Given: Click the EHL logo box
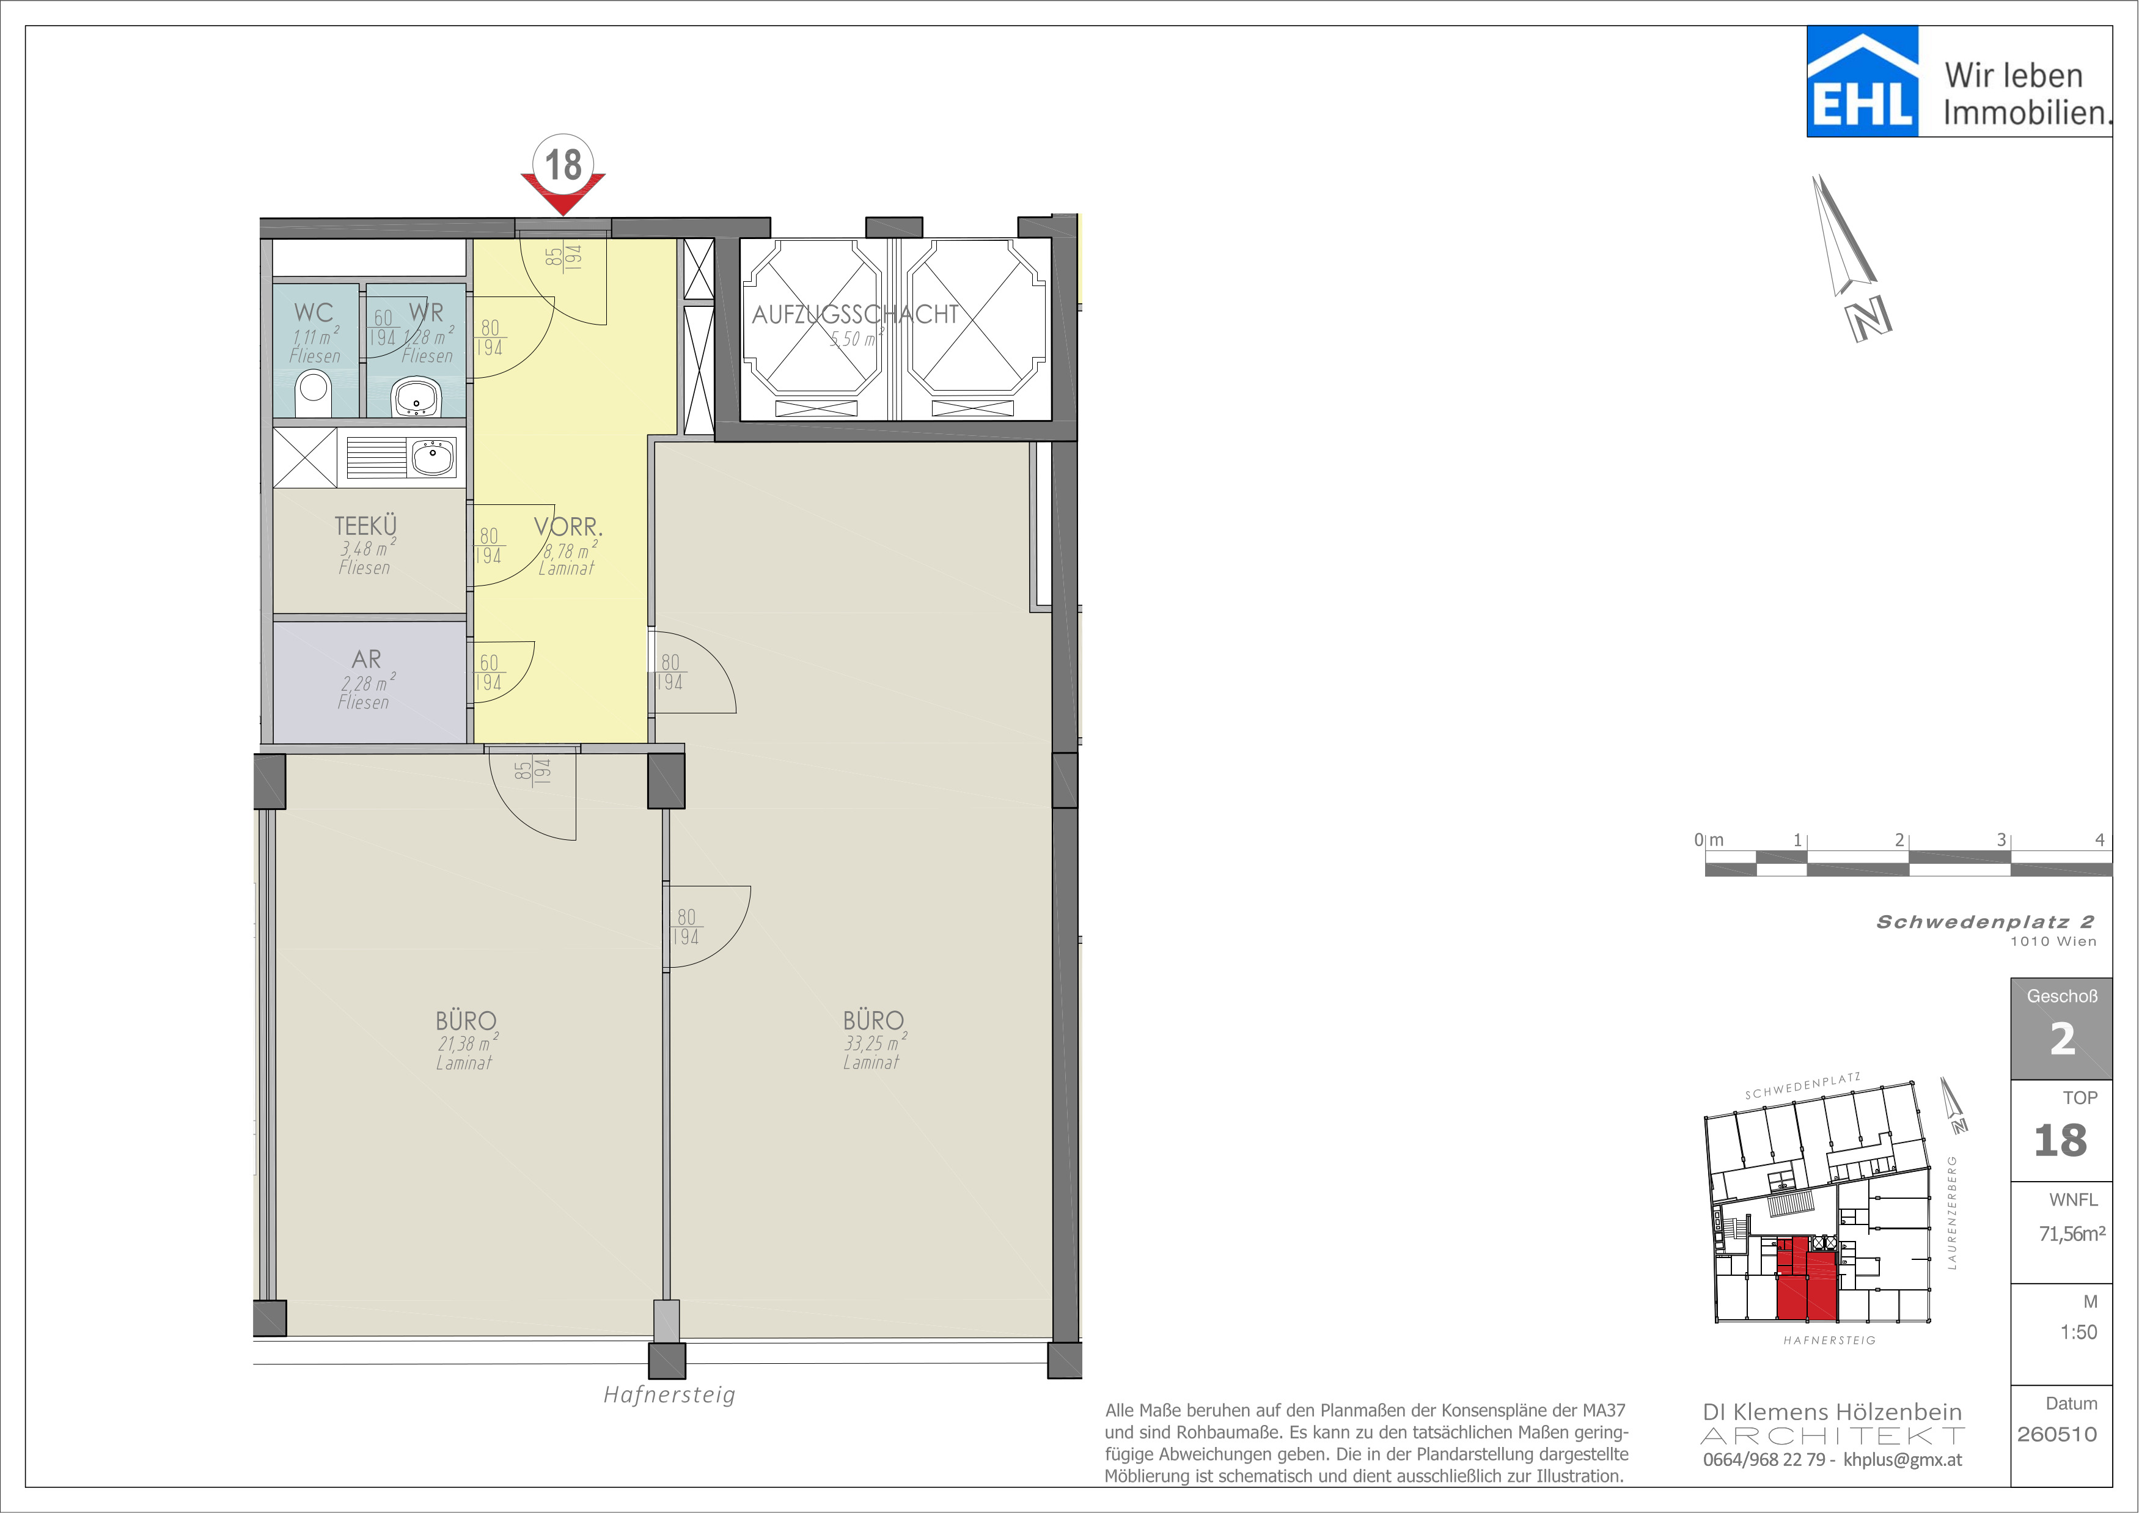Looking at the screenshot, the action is [x=1862, y=81].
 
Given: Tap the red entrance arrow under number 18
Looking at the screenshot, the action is [x=563, y=194].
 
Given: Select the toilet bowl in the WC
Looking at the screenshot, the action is [x=313, y=393].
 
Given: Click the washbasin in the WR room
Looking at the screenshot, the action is [x=416, y=396].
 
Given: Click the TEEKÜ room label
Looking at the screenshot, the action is [x=365, y=526].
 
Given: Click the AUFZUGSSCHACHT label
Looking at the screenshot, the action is [x=855, y=314].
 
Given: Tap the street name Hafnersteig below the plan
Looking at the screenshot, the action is [x=669, y=1394].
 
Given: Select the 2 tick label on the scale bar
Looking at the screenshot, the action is [x=1899, y=839].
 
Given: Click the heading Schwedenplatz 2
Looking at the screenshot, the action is [x=1985, y=921].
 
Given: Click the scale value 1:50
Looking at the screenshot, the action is [x=2078, y=1332].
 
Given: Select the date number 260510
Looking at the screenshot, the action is [x=2057, y=1434].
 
